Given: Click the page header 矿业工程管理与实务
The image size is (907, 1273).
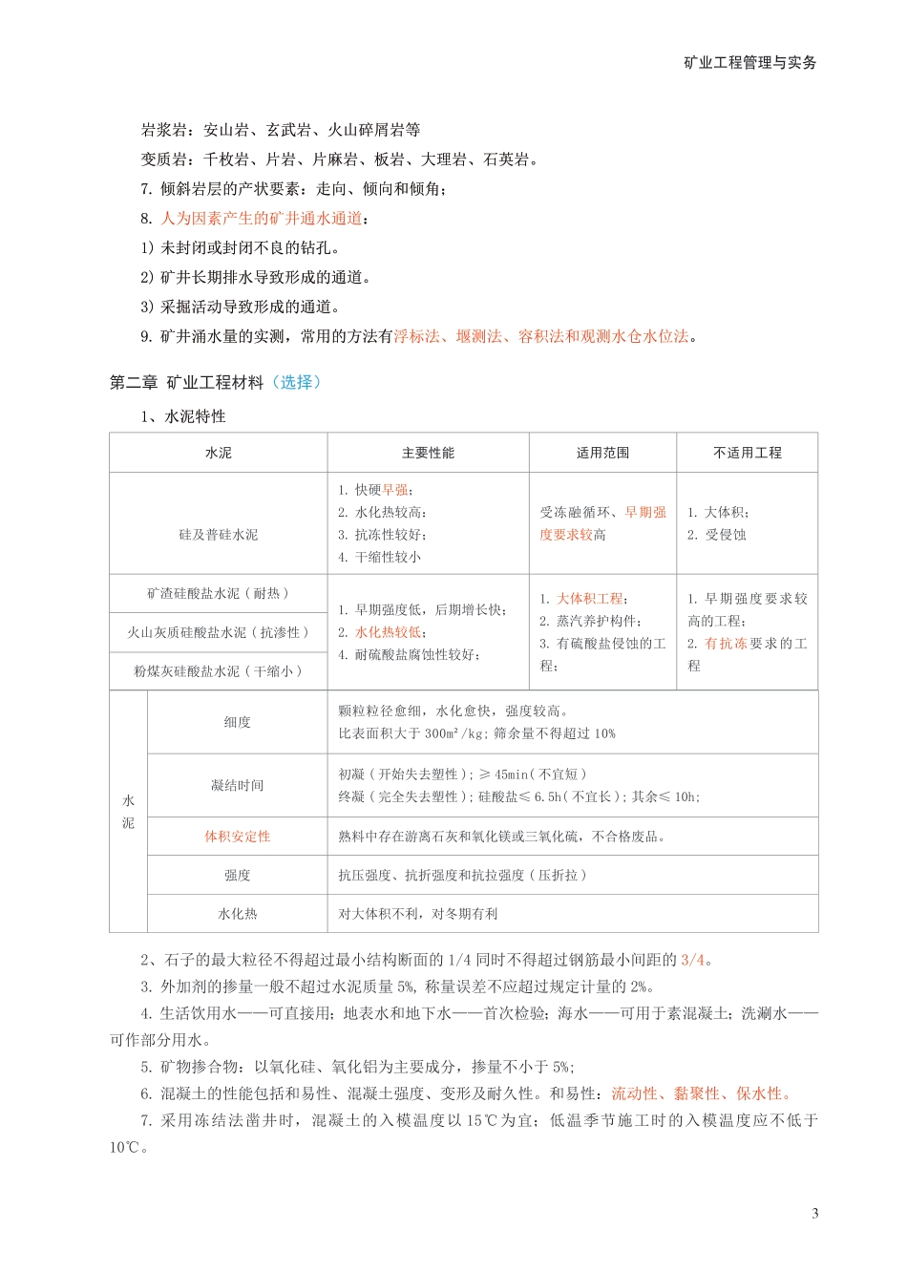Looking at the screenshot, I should tap(749, 63).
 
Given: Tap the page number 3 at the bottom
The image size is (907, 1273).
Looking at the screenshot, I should tap(814, 1214).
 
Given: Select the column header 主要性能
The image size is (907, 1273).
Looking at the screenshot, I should tap(428, 453).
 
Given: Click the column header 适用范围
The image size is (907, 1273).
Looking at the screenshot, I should tap(602, 453).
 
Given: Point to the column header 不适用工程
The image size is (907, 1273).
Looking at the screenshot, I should tap(747, 453).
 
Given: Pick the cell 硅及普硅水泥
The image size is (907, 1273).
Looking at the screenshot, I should tap(218, 535).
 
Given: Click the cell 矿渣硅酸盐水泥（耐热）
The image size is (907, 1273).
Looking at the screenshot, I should tap(218, 593).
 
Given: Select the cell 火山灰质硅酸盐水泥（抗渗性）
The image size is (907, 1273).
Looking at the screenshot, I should tap(218, 632).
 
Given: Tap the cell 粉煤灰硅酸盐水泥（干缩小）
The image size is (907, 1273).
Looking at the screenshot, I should tap(218, 671).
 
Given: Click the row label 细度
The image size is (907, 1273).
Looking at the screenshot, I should tap(237, 722).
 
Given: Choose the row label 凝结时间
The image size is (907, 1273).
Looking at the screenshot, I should tap(237, 785).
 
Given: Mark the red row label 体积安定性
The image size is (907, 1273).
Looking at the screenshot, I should tap(237, 837).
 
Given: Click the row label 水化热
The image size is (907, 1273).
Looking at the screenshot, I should tap(237, 914).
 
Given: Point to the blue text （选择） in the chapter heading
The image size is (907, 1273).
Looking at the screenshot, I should tap(296, 382).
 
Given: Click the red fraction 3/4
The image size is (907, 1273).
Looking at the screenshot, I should tap(692, 960).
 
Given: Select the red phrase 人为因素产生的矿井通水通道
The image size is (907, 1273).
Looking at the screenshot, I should tap(262, 219).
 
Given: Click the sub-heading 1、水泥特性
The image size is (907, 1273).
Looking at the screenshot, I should tap(183, 416).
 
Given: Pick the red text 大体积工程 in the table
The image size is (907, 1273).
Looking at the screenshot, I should tap(589, 599).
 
